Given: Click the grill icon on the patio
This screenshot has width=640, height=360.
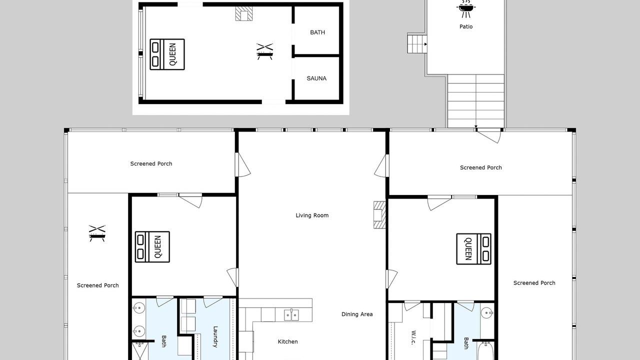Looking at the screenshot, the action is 466,9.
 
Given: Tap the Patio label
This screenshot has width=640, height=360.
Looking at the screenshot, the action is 466,26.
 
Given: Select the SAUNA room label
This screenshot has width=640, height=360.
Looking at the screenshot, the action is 316,78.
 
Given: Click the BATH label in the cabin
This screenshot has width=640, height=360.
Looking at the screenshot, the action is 317,32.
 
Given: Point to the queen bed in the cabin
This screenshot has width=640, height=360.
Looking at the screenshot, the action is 167,54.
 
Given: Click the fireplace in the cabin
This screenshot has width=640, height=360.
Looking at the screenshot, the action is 243,13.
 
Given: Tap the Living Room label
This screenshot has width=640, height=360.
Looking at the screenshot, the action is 312,215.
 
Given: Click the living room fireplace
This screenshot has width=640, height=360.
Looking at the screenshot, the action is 379,215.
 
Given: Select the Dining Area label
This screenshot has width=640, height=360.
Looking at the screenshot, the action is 357,314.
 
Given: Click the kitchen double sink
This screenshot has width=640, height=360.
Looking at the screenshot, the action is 291,315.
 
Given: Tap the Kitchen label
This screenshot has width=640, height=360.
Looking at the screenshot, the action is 287,341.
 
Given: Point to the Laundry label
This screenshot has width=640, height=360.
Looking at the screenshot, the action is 215,336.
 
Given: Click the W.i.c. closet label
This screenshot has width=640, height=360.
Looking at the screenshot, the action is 413,337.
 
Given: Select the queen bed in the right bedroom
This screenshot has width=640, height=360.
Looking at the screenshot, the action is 473,249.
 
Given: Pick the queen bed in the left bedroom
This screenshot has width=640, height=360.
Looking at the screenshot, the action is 152,247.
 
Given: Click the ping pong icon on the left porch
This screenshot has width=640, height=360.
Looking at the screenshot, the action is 97,233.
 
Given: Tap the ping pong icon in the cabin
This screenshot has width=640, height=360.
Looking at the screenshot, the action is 265,51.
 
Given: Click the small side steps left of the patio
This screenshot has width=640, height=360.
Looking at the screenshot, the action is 417,43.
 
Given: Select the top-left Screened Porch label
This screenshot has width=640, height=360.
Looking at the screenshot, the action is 151,163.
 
